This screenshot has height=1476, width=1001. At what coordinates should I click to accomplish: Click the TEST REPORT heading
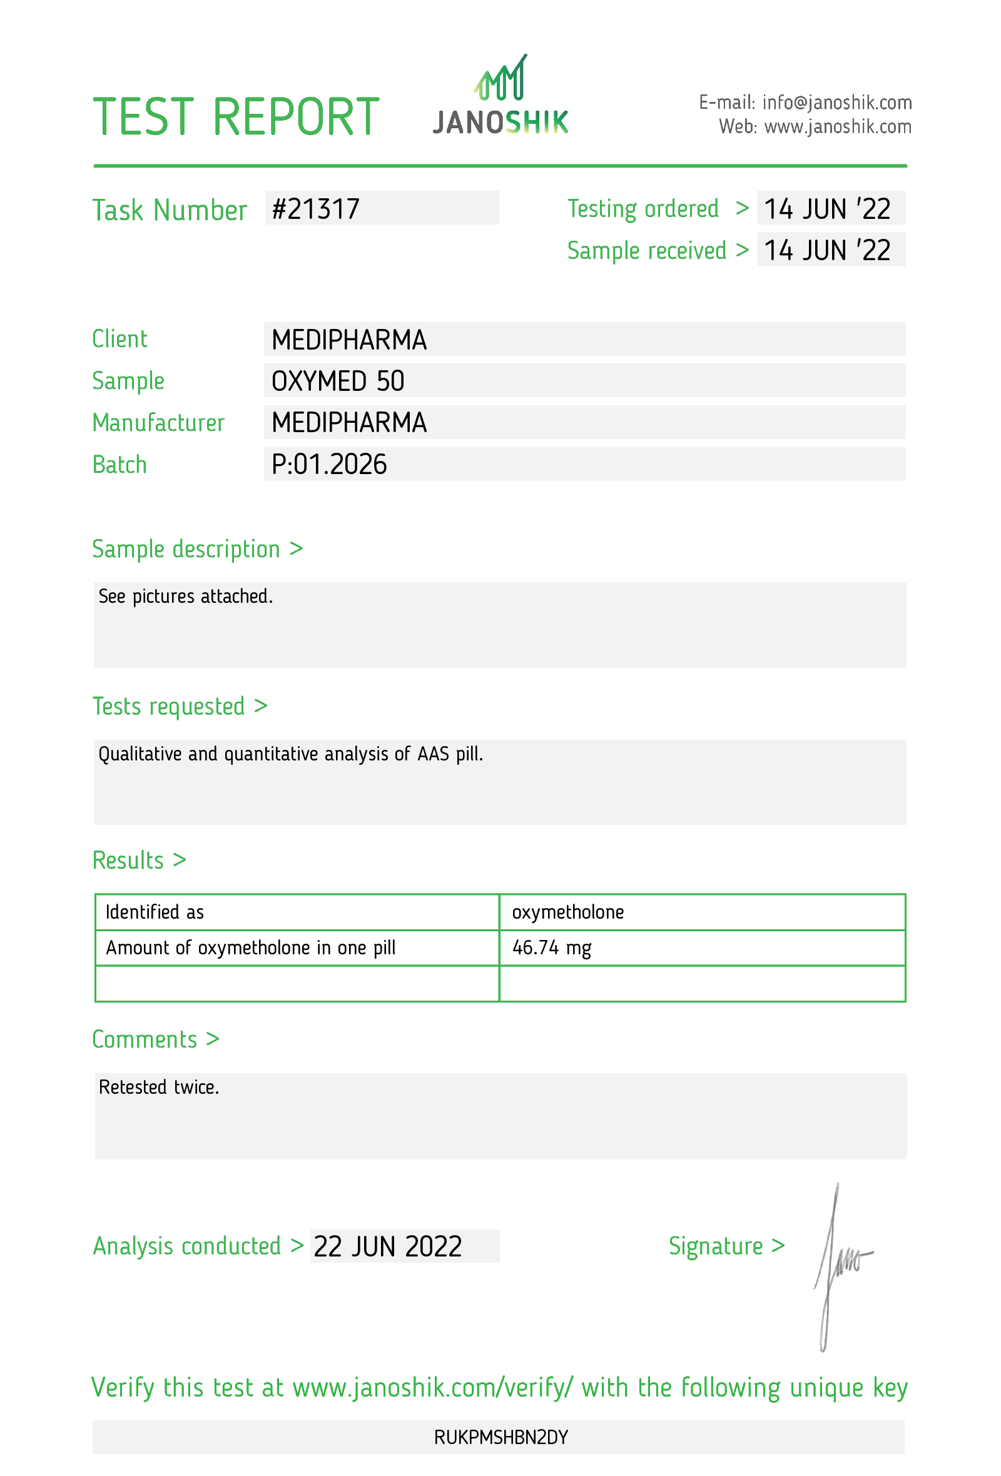coord(236,117)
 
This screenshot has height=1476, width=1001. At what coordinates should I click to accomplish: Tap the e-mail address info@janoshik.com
coord(836,102)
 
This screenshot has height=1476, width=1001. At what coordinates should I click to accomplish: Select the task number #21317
coord(316,209)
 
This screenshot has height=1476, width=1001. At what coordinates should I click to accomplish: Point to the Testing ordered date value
coord(827,209)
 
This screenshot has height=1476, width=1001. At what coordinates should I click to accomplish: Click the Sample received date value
coord(827,250)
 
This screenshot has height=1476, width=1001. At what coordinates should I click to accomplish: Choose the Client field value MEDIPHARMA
coord(348,340)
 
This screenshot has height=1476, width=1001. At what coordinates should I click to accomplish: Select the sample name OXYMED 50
coord(338,381)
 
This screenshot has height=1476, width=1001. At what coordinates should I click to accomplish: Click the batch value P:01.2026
coord(329,464)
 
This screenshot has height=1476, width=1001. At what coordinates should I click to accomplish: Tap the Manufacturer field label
coord(158,423)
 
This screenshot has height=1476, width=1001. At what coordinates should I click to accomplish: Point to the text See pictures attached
coord(185,597)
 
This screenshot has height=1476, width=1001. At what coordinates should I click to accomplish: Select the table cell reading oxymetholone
coord(568,912)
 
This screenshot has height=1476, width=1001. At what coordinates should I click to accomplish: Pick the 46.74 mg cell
coord(551,948)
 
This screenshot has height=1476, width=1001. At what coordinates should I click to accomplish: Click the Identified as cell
coord(155,912)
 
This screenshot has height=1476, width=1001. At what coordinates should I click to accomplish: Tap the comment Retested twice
coord(159,1087)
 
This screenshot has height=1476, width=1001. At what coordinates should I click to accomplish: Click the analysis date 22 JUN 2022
coord(387,1246)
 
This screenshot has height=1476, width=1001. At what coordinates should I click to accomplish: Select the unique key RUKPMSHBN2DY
coord(500,1437)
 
